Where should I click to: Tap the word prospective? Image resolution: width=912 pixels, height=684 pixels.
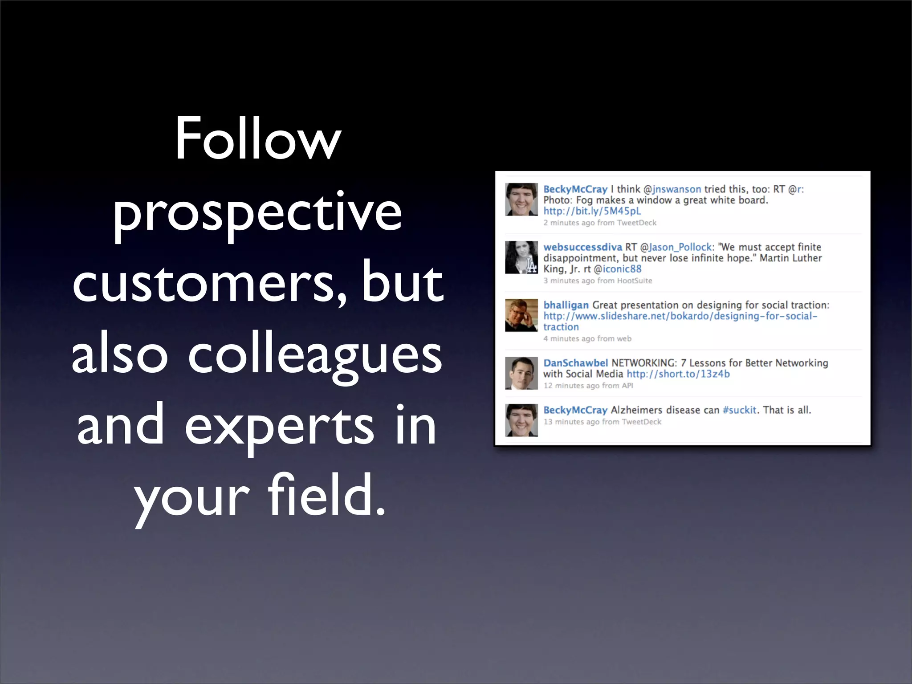pos(258,213)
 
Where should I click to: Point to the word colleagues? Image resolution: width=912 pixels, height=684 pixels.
pos(315,355)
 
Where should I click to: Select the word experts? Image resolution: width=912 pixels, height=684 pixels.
pos(279,426)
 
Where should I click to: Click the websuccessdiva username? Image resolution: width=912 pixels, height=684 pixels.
pos(582,247)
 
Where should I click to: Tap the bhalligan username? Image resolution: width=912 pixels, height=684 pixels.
pos(566,305)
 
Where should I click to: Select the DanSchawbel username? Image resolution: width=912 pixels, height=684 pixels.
pos(575,363)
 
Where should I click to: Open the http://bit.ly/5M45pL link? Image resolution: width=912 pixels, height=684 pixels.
pos(592,211)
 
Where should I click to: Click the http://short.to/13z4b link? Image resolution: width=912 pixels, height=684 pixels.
pos(678,374)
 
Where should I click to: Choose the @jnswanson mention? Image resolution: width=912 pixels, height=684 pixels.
pos(672,189)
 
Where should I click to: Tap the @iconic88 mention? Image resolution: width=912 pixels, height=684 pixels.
pos(618,269)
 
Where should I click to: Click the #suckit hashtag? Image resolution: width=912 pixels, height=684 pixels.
pos(739,410)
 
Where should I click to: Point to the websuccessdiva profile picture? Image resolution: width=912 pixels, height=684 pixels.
pos(521,257)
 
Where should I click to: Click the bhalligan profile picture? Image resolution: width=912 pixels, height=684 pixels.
pos(521,315)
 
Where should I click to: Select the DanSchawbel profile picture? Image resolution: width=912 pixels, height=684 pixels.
pos(521,373)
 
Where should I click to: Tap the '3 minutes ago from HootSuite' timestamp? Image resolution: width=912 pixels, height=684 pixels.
pos(598,281)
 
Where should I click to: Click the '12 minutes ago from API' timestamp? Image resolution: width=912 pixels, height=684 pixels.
pos(588,386)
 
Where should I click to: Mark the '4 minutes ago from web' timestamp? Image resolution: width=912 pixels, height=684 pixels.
pos(587,338)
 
